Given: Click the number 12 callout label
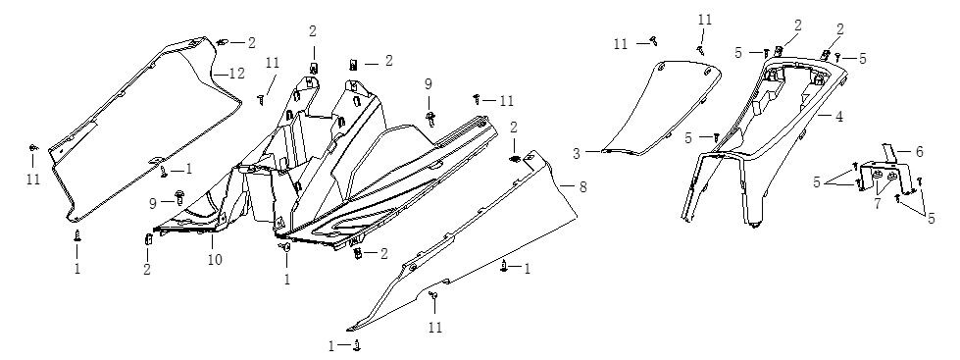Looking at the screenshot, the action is pyautogui.click(x=236, y=74).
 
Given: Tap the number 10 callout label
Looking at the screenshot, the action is pyautogui.click(x=215, y=259).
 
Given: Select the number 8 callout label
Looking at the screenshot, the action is pyautogui.click(x=582, y=186).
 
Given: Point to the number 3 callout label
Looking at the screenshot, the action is pyautogui.click(x=577, y=154).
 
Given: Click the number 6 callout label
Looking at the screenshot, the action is pyautogui.click(x=919, y=151).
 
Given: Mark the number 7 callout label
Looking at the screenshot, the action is pyautogui.click(x=878, y=203).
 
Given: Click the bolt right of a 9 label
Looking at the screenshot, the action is pyautogui.click(x=180, y=196).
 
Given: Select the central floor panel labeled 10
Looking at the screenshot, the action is pyautogui.click(x=325, y=166).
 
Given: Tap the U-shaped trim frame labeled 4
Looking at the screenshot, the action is pyautogui.click(x=765, y=141).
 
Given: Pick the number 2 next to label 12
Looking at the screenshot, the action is pyautogui.click(x=252, y=43).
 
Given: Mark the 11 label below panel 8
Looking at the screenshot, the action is pyautogui.click(x=434, y=328).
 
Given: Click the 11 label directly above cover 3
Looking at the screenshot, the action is pyautogui.click(x=705, y=20).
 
